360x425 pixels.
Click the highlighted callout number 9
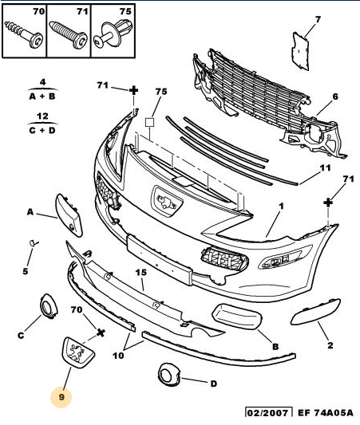click(x=61, y=397)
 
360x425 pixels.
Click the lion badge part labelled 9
click(x=78, y=352)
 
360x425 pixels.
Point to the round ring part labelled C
click(x=49, y=306)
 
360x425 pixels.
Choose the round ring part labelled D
click(x=168, y=375)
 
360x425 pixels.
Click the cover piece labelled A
click(x=69, y=215)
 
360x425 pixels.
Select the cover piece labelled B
click(x=237, y=317)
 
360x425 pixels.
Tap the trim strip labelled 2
click(x=315, y=312)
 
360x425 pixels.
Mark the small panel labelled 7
click(x=300, y=51)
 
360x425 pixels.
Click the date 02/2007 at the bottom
click(x=268, y=413)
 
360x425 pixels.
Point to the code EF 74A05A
click(x=326, y=412)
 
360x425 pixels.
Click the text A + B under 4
click(x=42, y=96)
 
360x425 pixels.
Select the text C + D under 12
click(x=42, y=130)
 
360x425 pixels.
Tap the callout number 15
click(x=140, y=273)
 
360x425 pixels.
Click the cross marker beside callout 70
click(x=101, y=333)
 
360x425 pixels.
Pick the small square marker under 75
click(x=149, y=122)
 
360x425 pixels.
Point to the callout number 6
click(x=335, y=96)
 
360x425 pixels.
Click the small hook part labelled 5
click(x=34, y=243)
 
